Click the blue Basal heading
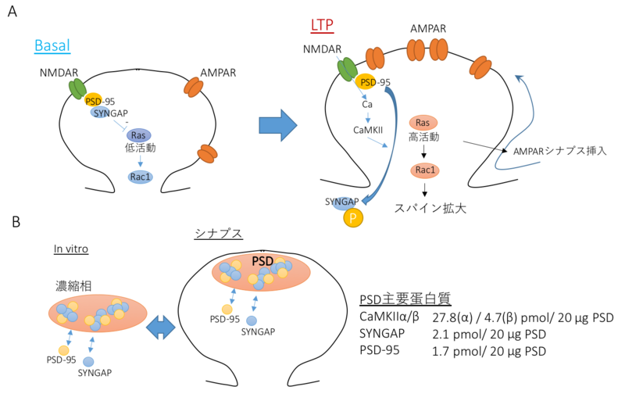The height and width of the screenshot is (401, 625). [x=52, y=45]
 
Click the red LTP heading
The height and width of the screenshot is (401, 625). [x=321, y=25]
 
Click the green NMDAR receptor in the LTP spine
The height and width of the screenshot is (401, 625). [x=346, y=70]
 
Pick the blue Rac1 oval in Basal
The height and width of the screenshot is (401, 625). [x=141, y=177]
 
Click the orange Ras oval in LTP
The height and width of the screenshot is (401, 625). [x=423, y=124]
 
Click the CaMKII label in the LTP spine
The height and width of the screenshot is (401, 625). [x=366, y=130]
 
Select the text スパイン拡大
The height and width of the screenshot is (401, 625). [x=423, y=209]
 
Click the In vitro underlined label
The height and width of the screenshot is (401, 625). [x=70, y=249]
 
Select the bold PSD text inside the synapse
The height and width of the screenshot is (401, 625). [x=263, y=260]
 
